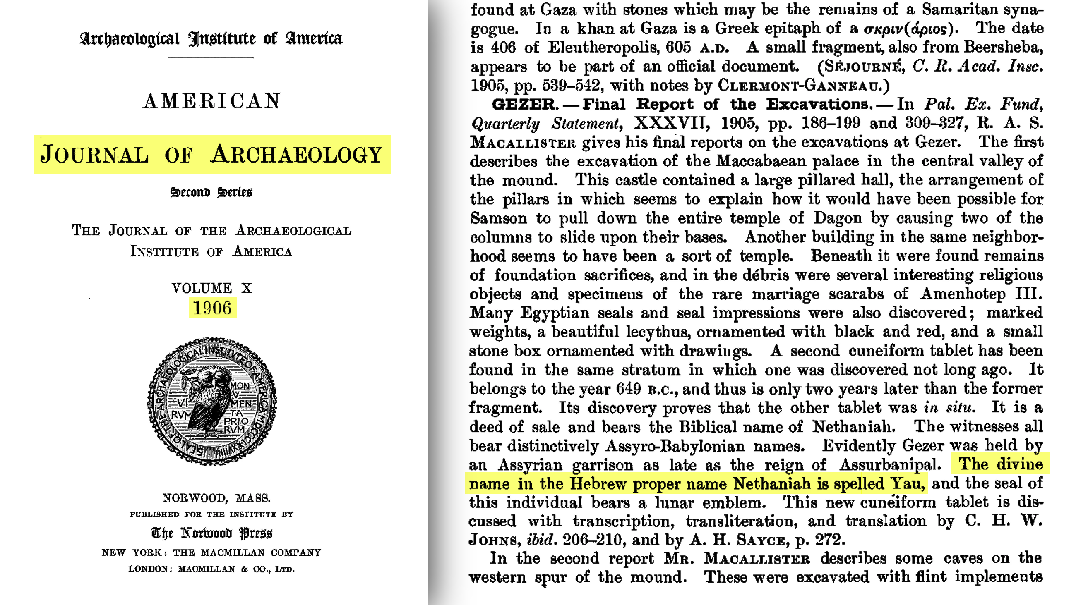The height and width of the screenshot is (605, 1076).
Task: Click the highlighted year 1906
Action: [x=212, y=308]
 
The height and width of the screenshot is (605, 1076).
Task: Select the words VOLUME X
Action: [x=212, y=288]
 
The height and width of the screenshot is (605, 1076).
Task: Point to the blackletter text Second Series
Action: [x=211, y=192]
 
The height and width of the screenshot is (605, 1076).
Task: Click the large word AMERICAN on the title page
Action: [x=212, y=101]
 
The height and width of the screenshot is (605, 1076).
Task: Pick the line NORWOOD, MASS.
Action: [x=216, y=498]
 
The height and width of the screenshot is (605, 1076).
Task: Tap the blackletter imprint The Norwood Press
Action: [x=211, y=533]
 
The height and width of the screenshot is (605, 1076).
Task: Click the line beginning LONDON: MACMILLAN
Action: [x=211, y=569]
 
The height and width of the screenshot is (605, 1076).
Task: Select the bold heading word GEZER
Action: [x=525, y=104]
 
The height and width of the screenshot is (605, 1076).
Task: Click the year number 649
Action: [x=628, y=389]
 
